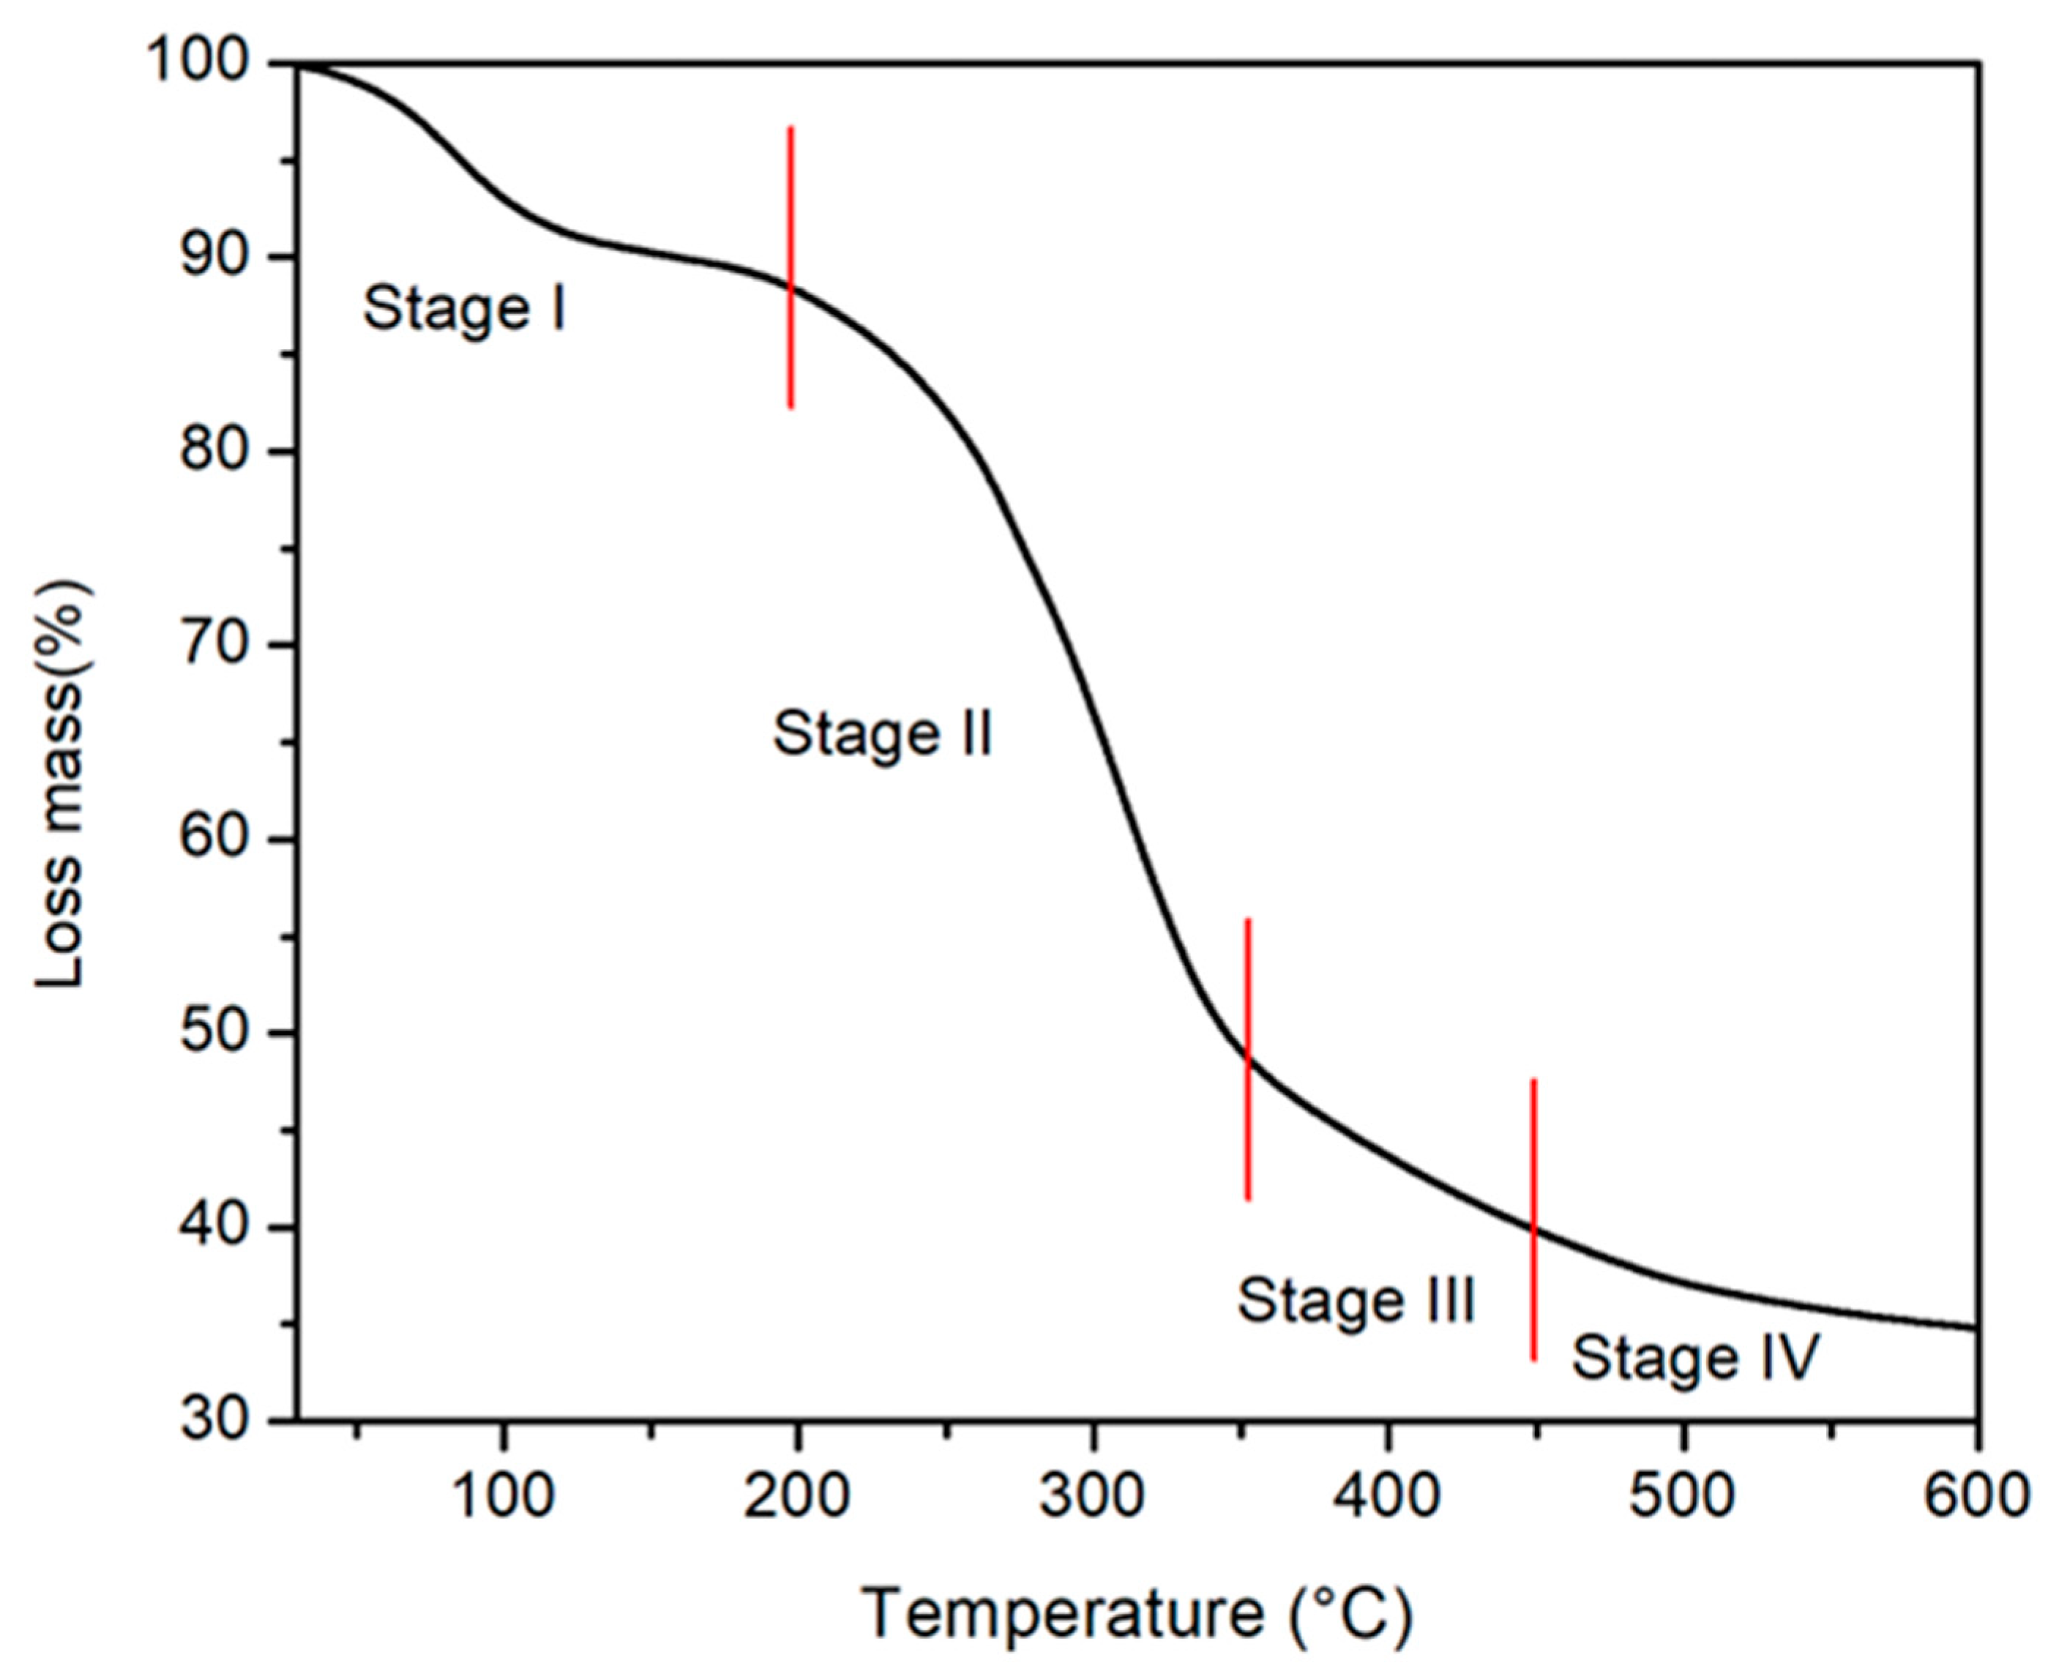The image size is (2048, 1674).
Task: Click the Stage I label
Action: [x=464, y=310]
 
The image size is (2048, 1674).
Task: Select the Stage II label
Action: [x=882, y=735]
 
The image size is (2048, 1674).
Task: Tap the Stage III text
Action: [x=1356, y=1301]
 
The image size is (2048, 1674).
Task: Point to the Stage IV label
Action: [x=1695, y=1358]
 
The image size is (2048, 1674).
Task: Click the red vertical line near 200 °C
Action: [x=791, y=268]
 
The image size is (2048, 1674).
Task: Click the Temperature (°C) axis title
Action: [x=1137, y=1613]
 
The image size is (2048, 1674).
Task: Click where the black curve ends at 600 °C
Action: [x=1977, y=1329]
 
